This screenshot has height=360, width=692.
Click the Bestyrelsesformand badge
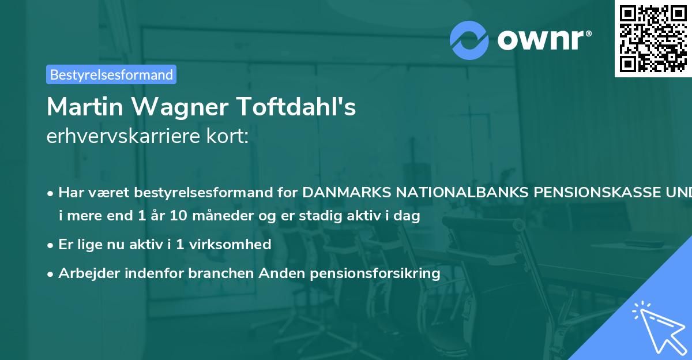click(111, 74)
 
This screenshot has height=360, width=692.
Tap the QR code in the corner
click(653, 38)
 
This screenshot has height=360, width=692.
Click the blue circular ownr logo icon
click(469, 40)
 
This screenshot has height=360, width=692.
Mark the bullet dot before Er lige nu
click(51, 245)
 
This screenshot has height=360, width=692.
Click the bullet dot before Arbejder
click(51, 273)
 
